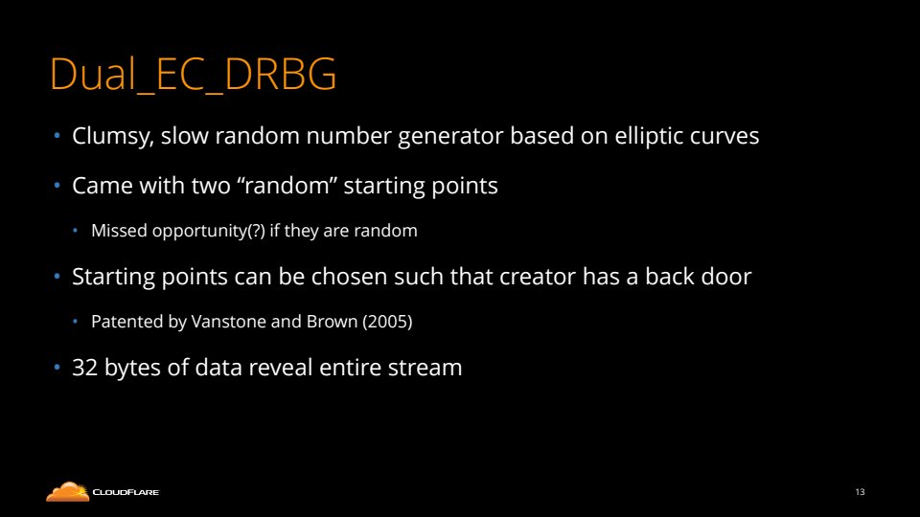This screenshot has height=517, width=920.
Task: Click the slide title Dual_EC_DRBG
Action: coord(193,75)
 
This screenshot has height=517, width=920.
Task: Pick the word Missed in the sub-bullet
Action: coord(119,231)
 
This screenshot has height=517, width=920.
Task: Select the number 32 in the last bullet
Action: coord(84,368)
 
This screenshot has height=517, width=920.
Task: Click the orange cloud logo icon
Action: coord(68,492)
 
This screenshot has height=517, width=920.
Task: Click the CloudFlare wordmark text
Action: coord(126,492)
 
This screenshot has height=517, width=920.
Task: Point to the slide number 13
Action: coord(861,492)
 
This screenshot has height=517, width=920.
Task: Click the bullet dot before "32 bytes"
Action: coord(57,368)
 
